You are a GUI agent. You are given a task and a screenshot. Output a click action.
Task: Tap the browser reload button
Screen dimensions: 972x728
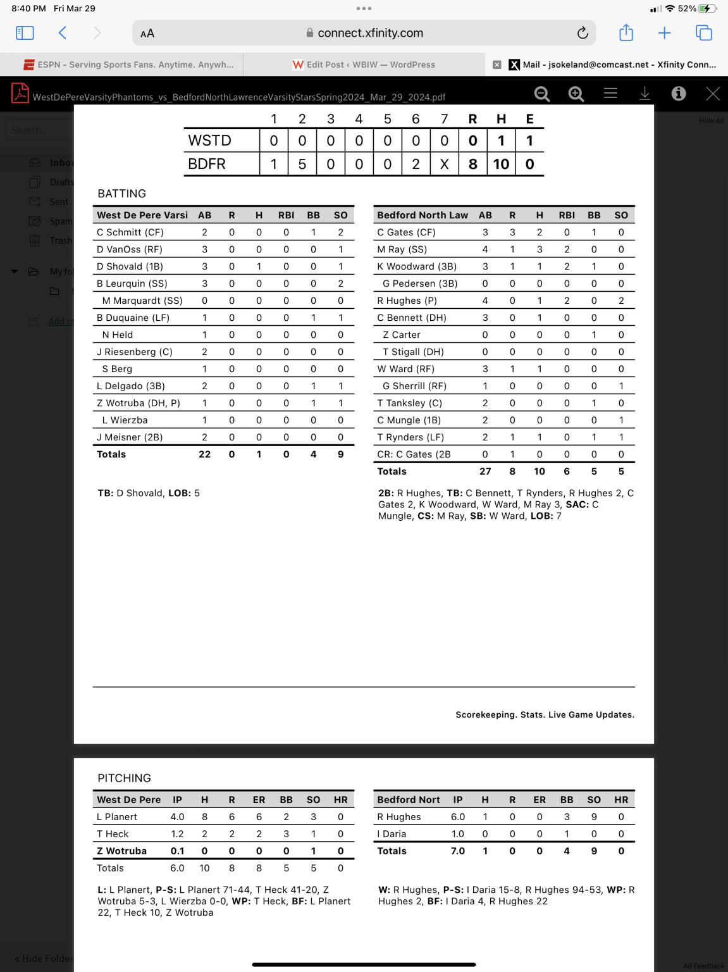(x=583, y=33)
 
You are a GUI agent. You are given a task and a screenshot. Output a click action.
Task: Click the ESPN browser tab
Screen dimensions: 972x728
(x=128, y=65)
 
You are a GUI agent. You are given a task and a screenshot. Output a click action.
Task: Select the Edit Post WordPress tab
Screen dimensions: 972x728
(x=364, y=65)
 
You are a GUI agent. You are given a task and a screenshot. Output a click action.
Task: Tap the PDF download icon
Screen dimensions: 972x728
(x=645, y=94)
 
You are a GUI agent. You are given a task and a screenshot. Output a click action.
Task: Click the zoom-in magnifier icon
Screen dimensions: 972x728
(x=576, y=94)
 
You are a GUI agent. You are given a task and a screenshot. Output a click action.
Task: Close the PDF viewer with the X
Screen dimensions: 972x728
(x=713, y=94)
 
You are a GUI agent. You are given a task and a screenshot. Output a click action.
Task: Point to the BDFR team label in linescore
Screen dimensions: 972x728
(x=207, y=164)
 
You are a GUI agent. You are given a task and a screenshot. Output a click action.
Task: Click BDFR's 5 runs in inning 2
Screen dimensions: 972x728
(x=302, y=164)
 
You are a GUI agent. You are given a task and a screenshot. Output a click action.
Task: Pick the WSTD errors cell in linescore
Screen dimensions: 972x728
(x=529, y=140)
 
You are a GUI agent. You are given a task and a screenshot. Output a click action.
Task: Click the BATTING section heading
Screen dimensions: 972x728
(x=121, y=194)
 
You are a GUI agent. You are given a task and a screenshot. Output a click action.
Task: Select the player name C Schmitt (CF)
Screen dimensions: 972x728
(x=130, y=232)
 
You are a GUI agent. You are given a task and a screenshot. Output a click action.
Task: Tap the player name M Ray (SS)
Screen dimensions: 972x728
(x=402, y=249)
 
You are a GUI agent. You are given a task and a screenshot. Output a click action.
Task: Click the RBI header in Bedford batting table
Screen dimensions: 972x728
(x=567, y=215)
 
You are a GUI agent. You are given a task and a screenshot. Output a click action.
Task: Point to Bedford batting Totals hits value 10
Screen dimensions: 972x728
(x=539, y=471)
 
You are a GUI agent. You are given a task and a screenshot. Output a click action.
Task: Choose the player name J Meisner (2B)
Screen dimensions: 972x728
(x=130, y=437)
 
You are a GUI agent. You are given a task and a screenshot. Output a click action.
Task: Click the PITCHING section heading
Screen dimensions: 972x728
(x=124, y=778)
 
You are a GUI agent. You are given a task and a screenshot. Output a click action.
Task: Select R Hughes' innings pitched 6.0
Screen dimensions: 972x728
(x=458, y=817)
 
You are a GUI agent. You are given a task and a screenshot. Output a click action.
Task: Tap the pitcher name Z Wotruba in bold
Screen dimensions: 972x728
(x=121, y=851)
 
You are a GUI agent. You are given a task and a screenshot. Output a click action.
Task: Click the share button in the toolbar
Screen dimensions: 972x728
(x=626, y=33)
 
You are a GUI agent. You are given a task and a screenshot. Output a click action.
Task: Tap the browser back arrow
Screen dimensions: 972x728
(x=62, y=33)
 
